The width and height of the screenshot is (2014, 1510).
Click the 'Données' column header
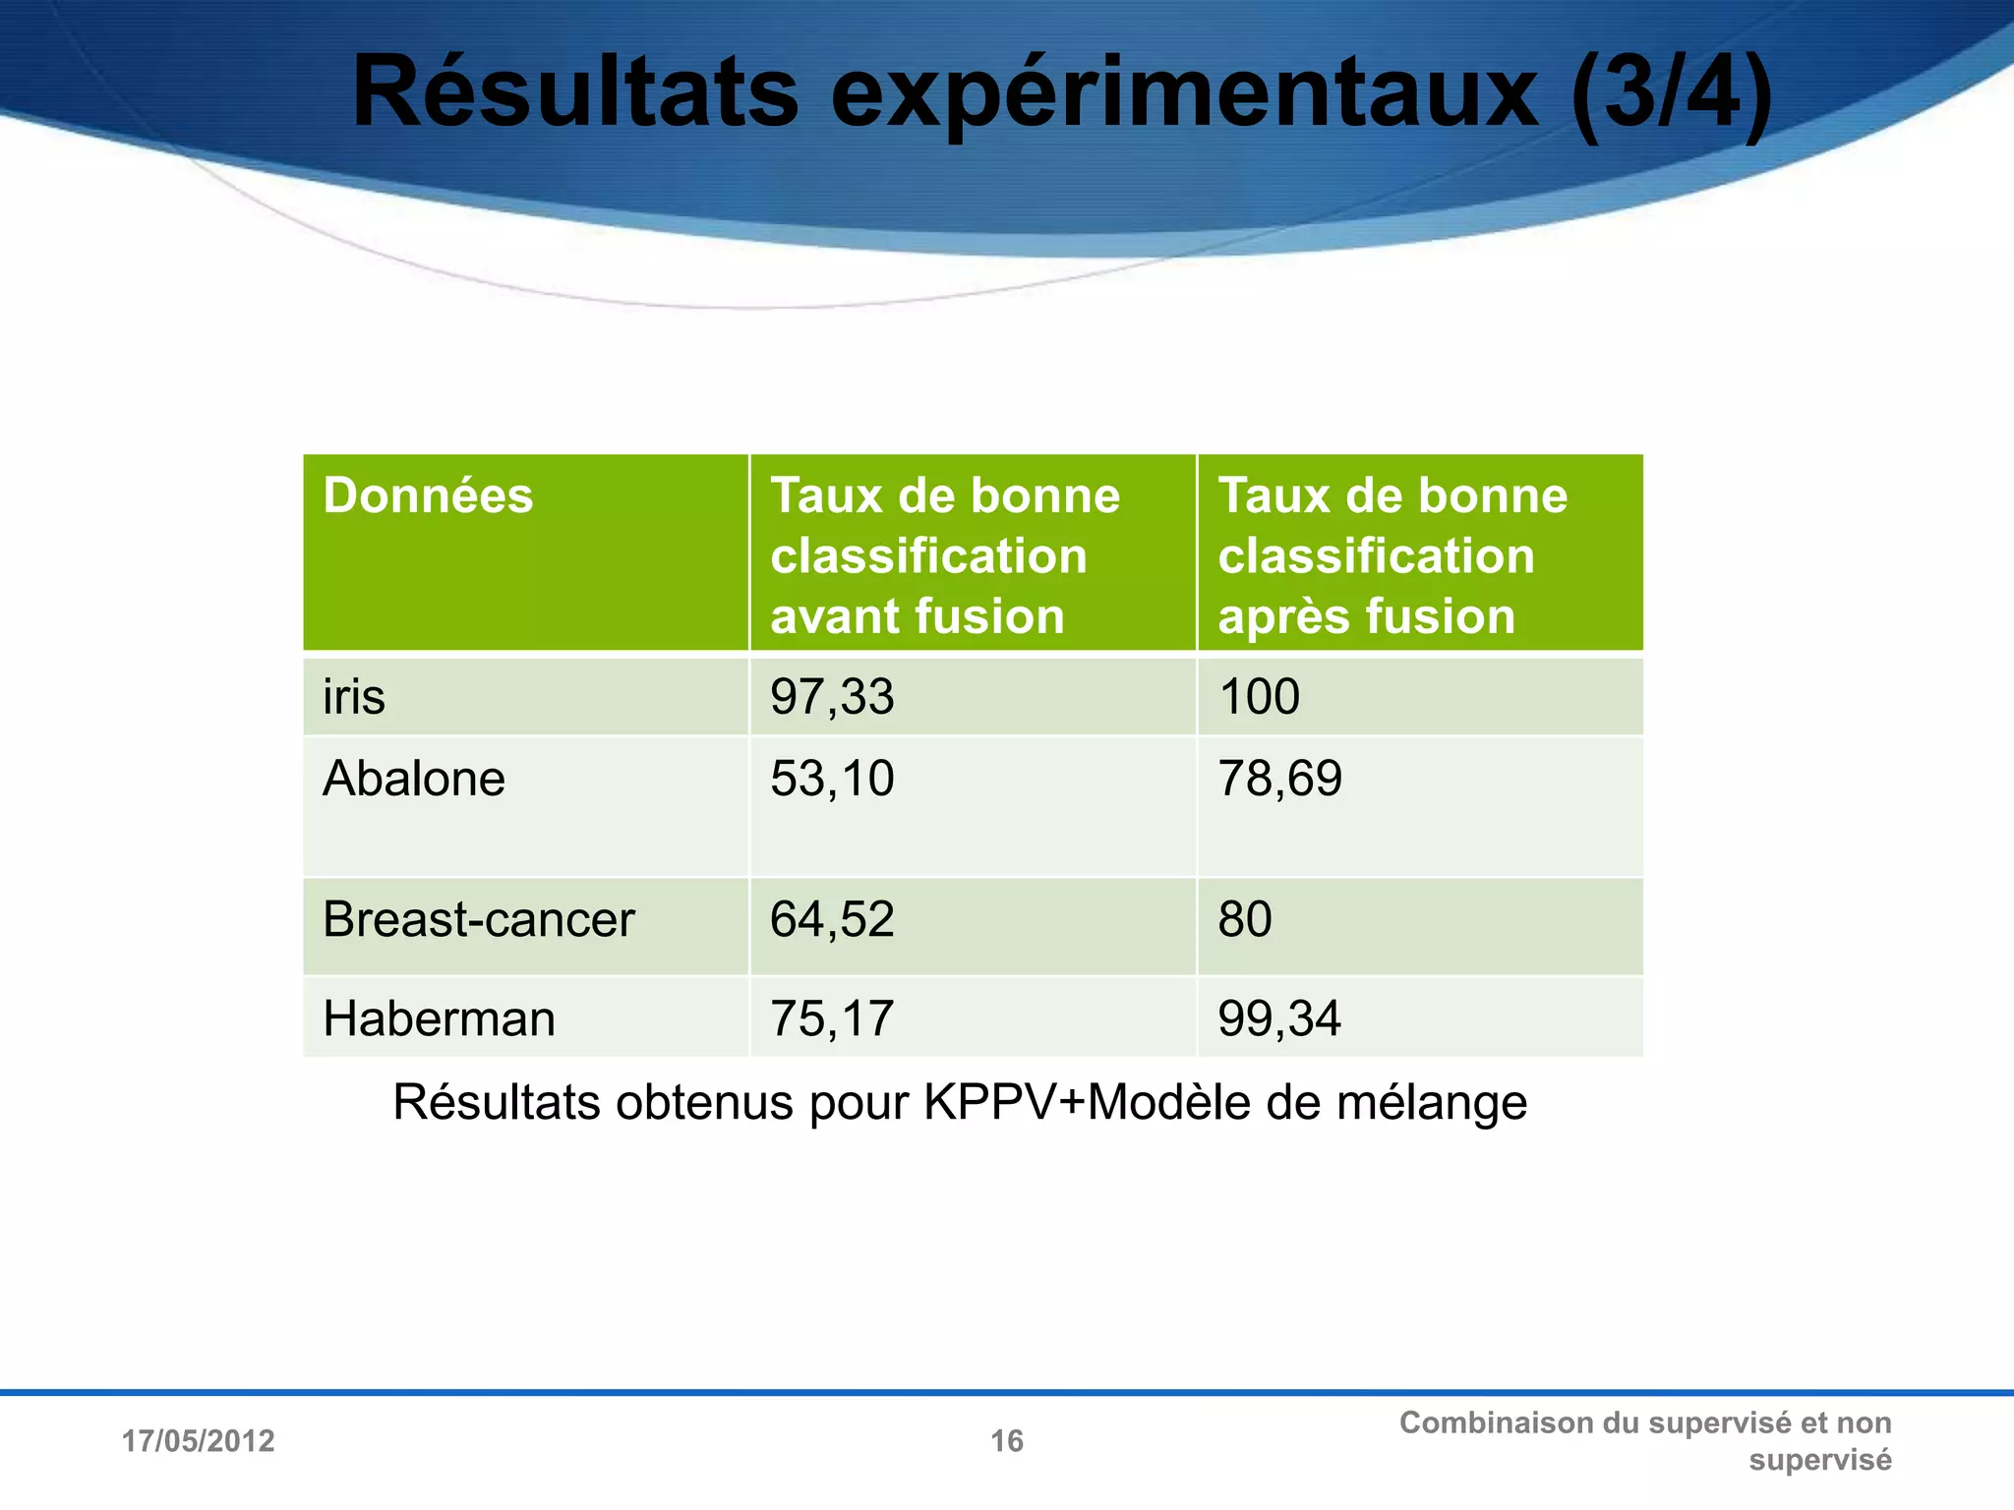[x=428, y=495]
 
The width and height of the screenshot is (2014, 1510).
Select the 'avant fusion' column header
[x=944, y=555]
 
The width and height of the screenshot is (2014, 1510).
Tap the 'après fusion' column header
[x=1392, y=555]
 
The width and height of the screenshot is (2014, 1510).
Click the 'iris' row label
[x=354, y=697]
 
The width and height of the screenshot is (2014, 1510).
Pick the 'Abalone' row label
[x=414, y=779]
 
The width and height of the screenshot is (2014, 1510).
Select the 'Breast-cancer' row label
[x=479, y=920]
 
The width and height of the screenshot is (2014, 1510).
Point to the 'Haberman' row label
[x=439, y=1018]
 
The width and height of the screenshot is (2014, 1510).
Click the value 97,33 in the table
[x=832, y=697]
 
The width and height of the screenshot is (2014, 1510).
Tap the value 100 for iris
[x=1259, y=697]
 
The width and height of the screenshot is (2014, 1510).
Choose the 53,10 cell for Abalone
[x=832, y=779]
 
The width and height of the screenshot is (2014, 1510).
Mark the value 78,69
[x=1279, y=779]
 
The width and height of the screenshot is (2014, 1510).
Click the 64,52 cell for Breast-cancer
[x=832, y=920]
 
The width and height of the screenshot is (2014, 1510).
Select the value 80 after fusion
[x=1245, y=920]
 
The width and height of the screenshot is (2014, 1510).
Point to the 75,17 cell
[x=832, y=1018]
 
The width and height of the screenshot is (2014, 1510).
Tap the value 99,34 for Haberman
[x=1279, y=1018]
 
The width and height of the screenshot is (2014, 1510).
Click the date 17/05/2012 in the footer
[x=198, y=1441]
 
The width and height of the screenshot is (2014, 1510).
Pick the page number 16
[x=1007, y=1441]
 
